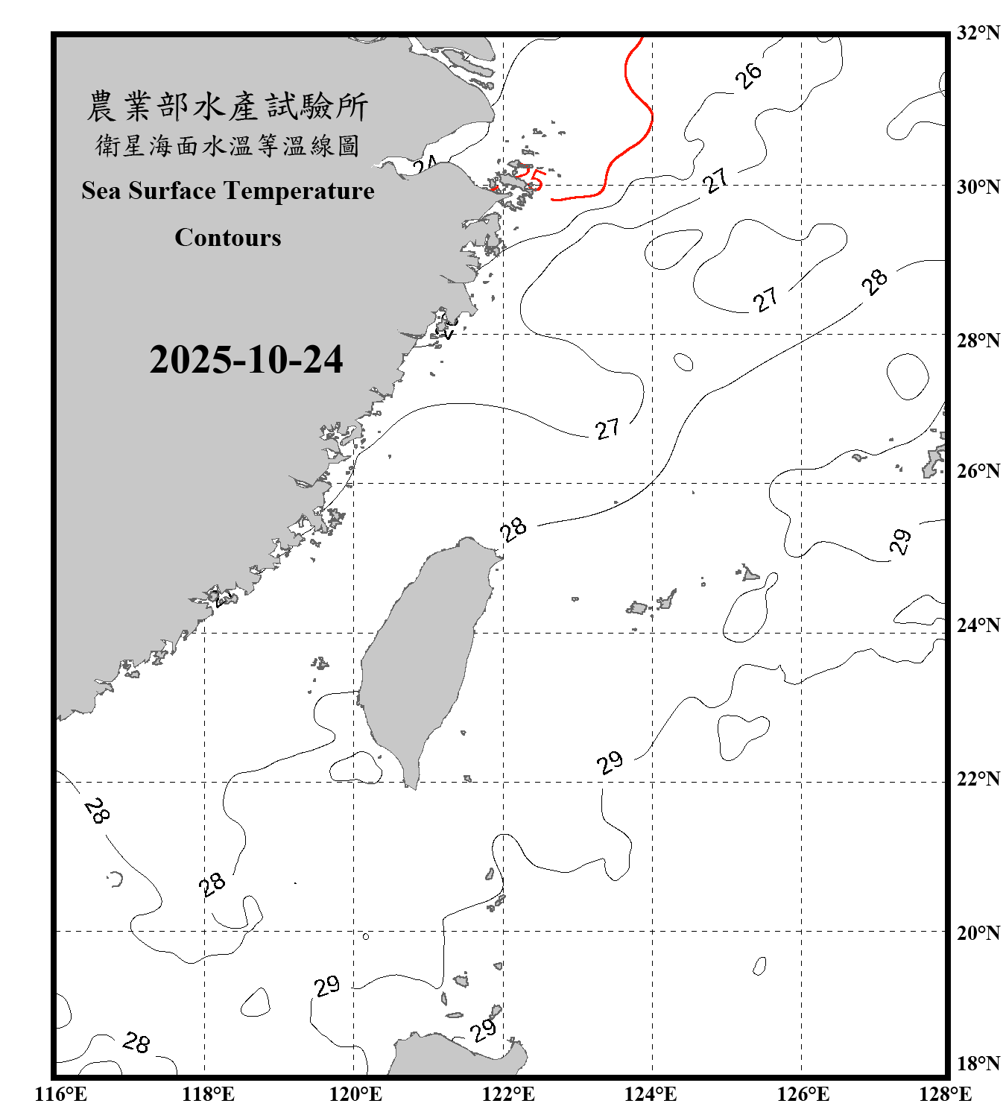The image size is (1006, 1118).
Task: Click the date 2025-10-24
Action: coord(246,360)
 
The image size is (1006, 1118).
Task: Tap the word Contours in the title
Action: coord(228,238)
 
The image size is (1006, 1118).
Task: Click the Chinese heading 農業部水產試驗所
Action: coord(227,107)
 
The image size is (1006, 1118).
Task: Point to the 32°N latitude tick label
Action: coord(978,33)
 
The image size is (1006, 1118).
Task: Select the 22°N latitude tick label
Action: coord(978,779)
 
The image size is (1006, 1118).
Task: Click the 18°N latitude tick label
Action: coord(978,1064)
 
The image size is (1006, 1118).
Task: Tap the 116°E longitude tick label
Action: coord(61,1094)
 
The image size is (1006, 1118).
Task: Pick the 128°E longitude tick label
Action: coord(945,1094)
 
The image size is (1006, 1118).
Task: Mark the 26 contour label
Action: coord(748,75)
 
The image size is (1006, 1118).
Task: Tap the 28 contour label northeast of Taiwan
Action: coord(513,528)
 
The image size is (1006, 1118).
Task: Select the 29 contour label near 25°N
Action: coord(901,541)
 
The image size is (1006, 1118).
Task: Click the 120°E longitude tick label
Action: coord(355,1094)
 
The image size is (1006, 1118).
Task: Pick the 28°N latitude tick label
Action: coord(978,341)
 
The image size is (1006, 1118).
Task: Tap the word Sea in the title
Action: coord(101,191)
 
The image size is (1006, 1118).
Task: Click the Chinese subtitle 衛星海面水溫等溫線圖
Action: coord(227,145)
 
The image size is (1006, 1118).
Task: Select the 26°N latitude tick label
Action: coord(978,471)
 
